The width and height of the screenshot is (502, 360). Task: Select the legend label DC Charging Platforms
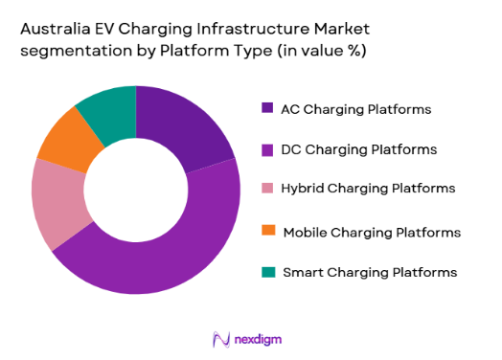tap(354, 149)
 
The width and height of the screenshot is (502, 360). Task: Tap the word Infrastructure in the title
tap(234, 29)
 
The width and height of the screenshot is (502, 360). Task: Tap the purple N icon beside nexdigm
tap(220, 339)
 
